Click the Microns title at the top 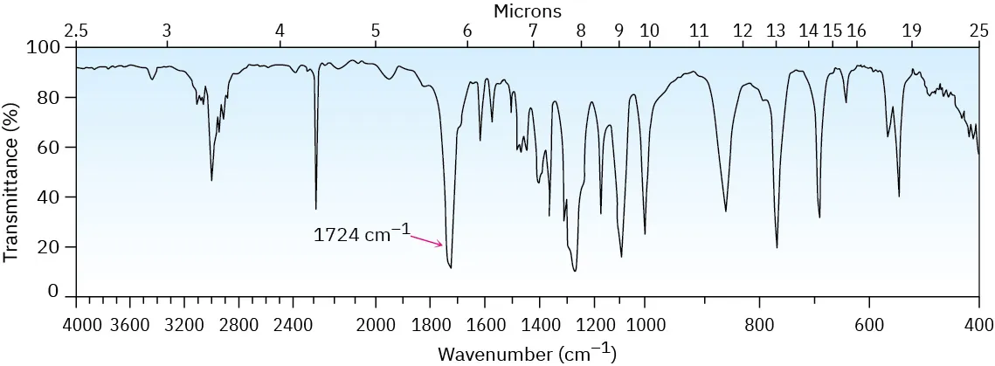click(527, 10)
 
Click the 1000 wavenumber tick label click(645, 325)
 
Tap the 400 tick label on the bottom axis click(978, 325)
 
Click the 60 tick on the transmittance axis click(59, 147)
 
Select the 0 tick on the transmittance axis click(63, 293)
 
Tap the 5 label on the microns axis click(375, 31)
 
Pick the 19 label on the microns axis click(911, 31)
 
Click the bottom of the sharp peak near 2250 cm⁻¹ click(316, 209)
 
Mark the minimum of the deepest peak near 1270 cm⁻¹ click(574, 271)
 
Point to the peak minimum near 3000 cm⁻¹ click(211, 180)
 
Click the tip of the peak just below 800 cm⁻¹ click(777, 247)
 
